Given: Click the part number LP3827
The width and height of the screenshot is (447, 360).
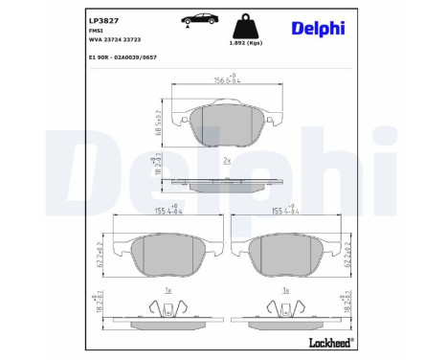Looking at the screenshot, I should point(102,18).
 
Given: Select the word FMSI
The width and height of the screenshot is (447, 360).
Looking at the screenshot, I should point(97,31).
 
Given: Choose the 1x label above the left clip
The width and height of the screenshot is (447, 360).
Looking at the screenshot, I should point(168,288).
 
